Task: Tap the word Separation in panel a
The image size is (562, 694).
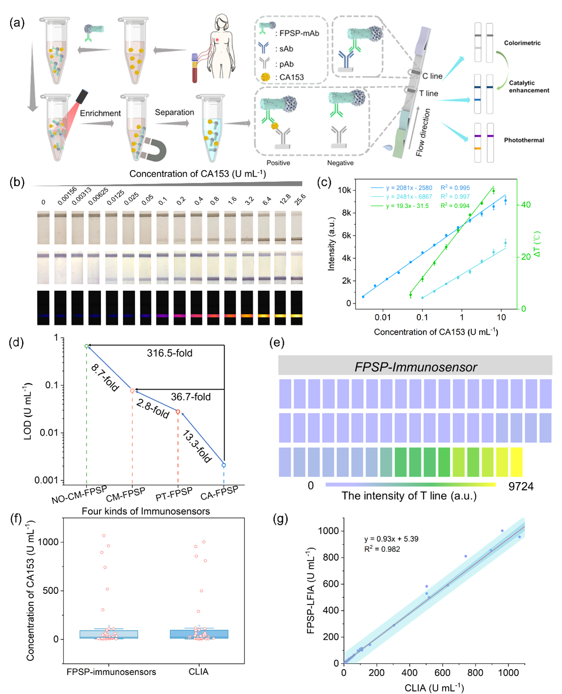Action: (x=174, y=113)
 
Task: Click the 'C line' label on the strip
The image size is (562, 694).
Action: (x=432, y=76)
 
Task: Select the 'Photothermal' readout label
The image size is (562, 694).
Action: (x=524, y=140)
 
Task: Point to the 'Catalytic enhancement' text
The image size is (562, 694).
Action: (x=528, y=86)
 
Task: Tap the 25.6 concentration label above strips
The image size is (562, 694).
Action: (x=300, y=200)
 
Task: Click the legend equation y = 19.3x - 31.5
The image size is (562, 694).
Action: (x=407, y=206)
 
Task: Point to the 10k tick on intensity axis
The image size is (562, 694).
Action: (x=345, y=190)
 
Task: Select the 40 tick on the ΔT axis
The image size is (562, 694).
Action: (x=526, y=205)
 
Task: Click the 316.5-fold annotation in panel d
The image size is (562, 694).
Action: (x=170, y=353)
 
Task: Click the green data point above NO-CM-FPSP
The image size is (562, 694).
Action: (x=87, y=346)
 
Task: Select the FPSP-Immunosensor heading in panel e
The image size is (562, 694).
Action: (x=415, y=367)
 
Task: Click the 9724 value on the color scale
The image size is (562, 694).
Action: (x=521, y=487)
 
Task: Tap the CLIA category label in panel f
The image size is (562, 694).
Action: (x=198, y=672)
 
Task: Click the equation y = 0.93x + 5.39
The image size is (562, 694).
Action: (x=391, y=539)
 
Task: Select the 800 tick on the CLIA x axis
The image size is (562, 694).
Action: (x=475, y=673)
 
